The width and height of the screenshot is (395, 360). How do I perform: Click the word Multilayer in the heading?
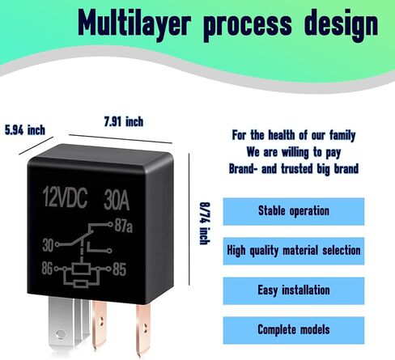pos(134,23)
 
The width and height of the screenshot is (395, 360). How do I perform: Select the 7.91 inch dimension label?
pos(124,121)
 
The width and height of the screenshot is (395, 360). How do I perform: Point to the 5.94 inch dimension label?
pos(25,130)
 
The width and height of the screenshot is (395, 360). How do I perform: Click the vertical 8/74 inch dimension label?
pos(205,223)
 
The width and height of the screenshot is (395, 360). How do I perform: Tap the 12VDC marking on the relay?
pos(65,197)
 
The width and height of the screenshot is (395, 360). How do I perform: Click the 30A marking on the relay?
pos(117,200)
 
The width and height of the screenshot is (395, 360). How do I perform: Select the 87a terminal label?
pos(124,226)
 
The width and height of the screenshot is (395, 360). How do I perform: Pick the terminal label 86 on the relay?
pos(47,269)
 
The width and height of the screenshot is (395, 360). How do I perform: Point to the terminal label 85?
pos(119,269)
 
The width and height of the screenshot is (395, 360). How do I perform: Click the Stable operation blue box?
pos(294,211)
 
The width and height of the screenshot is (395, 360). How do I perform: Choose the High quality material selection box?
pos(294,251)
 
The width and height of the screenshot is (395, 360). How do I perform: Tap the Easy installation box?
pos(294,290)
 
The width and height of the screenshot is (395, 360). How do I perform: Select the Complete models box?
pos(294,330)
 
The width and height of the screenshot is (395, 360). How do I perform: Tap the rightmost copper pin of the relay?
pos(143,329)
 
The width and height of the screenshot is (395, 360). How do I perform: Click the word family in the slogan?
pos(342,136)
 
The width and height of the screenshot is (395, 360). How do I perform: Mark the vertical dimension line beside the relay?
pos(189,219)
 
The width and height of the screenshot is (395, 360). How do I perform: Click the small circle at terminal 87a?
pos(110,224)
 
